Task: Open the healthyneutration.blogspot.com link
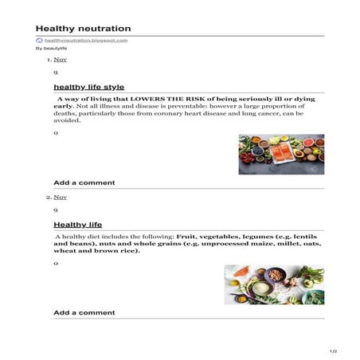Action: point(85,40)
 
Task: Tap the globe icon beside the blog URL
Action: point(38,40)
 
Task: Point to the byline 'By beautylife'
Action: point(51,49)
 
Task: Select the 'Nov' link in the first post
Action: point(61,60)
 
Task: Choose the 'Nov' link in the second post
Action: point(61,197)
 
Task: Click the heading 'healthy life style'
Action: point(88,86)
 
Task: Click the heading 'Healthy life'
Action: point(77,224)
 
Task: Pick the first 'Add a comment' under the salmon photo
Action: point(84,182)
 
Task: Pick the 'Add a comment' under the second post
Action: point(84,313)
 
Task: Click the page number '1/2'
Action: point(334,350)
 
